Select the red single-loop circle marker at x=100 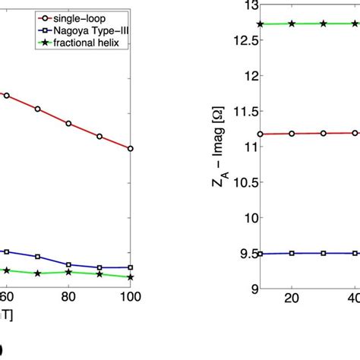click(131, 149)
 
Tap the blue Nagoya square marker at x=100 click(131, 267)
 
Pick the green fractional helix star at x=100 click(131, 277)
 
